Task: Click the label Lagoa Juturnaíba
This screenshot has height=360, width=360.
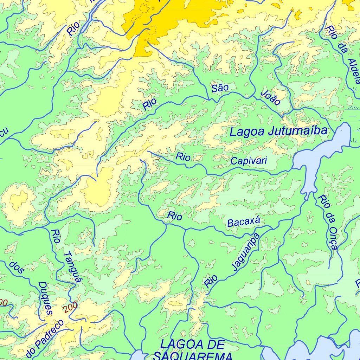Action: [278, 131]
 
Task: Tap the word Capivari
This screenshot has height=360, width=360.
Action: [249, 161]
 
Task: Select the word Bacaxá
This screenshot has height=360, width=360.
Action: [244, 222]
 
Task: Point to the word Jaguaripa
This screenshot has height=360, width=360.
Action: [246, 252]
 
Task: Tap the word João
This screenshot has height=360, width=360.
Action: [271, 98]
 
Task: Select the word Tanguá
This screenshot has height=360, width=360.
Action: [73, 267]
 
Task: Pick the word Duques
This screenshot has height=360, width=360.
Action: [45, 298]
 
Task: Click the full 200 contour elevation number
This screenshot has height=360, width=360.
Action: [71, 308]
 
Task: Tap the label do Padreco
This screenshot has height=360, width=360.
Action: [45, 337]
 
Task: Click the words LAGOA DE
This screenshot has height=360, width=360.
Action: [192, 345]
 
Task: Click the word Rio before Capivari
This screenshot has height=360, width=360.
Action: [183, 157]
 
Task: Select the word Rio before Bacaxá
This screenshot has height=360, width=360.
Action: [175, 216]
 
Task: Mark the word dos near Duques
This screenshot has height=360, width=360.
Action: [17, 267]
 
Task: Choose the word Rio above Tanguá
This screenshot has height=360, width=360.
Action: [56, 236]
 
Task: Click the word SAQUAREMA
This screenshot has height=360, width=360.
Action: [193, 356]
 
